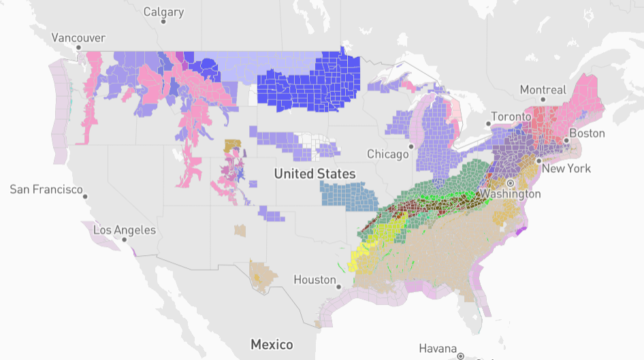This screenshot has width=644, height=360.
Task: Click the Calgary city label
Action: coord(164,12)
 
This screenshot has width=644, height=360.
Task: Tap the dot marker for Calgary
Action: coord(164,22)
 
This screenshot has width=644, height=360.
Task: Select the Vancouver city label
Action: coord(78,37)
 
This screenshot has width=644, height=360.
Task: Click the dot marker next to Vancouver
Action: coord(78,48)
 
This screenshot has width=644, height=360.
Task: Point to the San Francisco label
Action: coord(46,189)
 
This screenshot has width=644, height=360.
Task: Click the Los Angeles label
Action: coord(125,230)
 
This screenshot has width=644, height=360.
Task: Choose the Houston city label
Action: coord(315,279)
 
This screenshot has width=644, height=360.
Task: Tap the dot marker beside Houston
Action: coord(338,287)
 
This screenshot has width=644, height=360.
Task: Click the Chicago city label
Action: coord(389,154)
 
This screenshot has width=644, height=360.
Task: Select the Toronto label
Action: coord(511,116)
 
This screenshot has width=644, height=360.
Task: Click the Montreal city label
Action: coord(543,90)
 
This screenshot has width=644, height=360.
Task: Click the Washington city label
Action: coord(511,194)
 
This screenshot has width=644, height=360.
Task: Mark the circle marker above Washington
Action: coord(510,184)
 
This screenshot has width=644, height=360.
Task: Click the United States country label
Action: coord(315,174)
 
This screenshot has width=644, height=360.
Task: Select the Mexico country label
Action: coord(272,344)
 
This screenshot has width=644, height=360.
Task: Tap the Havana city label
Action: coord(438,348)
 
